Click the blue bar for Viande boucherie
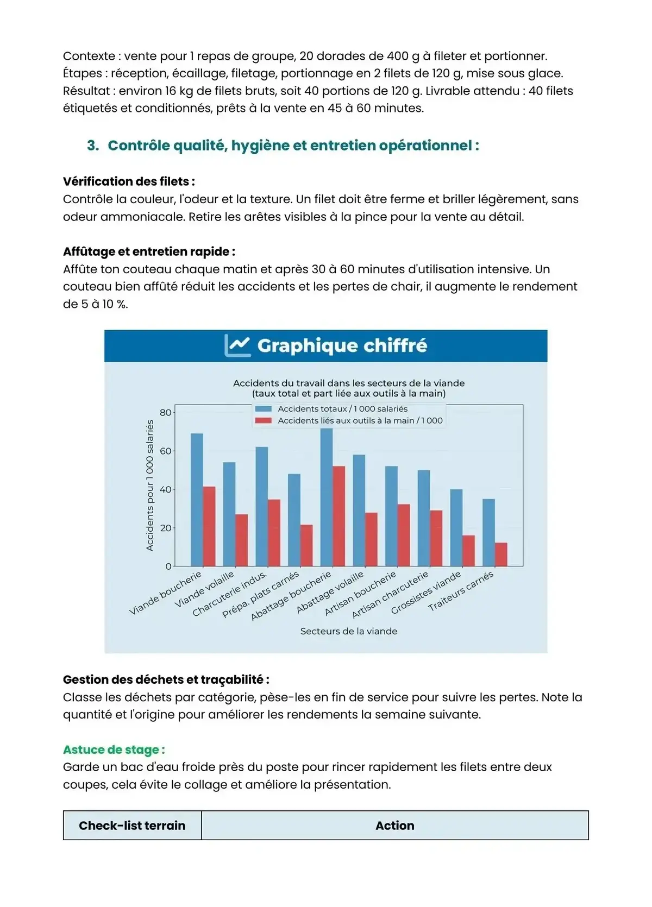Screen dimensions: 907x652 (x=197, y=500)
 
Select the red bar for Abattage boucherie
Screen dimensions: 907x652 (x=338, y=516)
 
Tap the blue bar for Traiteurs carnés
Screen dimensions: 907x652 (x=488, y=532)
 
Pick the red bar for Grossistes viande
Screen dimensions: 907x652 (x=468, y=551)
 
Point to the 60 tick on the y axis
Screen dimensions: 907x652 (x=165, y=451)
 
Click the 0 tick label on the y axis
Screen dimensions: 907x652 (x=168, y=566)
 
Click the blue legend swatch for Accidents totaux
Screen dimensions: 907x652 (x=264, y=409)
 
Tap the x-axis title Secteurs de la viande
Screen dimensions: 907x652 (x=348, y=631)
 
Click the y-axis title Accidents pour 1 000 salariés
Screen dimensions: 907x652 (x=150, y=486)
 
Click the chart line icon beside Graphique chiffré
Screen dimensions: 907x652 (x=237, y=345)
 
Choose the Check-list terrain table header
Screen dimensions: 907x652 (x=132, y=826)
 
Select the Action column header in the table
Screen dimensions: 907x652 (x=394, y=826)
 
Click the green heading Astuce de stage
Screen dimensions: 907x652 (x=114, y=749)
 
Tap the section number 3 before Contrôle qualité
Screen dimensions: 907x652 (x=92, y=146)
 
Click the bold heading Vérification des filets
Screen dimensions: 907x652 (x=129, y=181)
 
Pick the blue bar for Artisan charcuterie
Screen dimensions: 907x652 (x=424, y=518)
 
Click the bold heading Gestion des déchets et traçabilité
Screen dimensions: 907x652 (x=166, y=679)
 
